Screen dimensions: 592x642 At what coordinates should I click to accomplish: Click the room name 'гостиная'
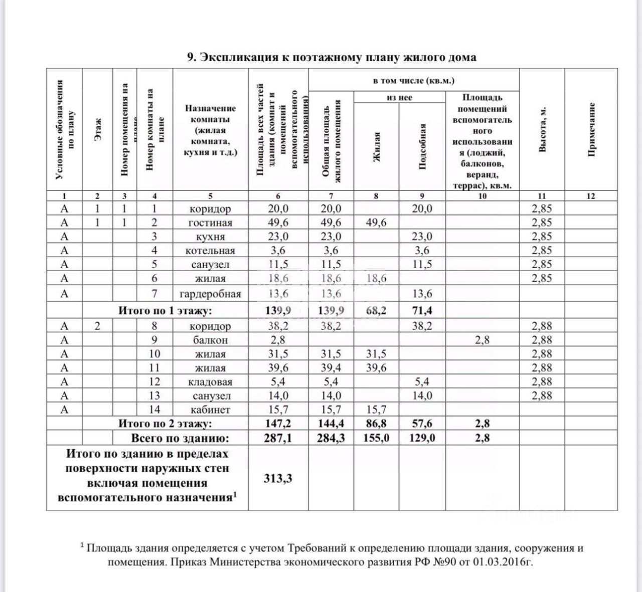[x=211, y=223]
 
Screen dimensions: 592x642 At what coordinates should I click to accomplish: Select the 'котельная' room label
[x=211, y=251]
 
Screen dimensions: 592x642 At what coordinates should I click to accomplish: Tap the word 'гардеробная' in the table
[x=211, y=294]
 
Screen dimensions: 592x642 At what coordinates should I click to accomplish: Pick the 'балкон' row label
[x=211, y=340]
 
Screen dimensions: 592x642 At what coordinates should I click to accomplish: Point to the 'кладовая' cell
[x=211, y=382]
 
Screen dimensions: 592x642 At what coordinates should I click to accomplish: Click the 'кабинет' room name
[x=211, y=410]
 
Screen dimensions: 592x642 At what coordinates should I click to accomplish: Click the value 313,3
[x=278, y=479]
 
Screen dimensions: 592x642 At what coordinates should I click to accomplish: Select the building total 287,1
[x=278, y=438]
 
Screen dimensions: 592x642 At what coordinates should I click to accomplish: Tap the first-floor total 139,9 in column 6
[x=278, y=311]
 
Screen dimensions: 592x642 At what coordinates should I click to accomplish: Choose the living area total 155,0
[x=376, y=438]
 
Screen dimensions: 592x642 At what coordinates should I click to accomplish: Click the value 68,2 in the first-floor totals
[x=376, y=311]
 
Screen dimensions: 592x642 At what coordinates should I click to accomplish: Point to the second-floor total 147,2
[x=278, y=424]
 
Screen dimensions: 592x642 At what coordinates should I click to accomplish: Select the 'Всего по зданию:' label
[x=180, y=438]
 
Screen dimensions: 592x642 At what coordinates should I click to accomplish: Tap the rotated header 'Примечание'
[x=591, y=129]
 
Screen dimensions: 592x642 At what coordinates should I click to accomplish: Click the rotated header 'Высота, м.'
[x=542, y=129]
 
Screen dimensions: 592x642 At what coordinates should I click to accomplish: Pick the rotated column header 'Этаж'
[x=98, y=129]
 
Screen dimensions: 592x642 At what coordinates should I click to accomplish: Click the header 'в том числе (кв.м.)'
[x=414, y=81]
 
